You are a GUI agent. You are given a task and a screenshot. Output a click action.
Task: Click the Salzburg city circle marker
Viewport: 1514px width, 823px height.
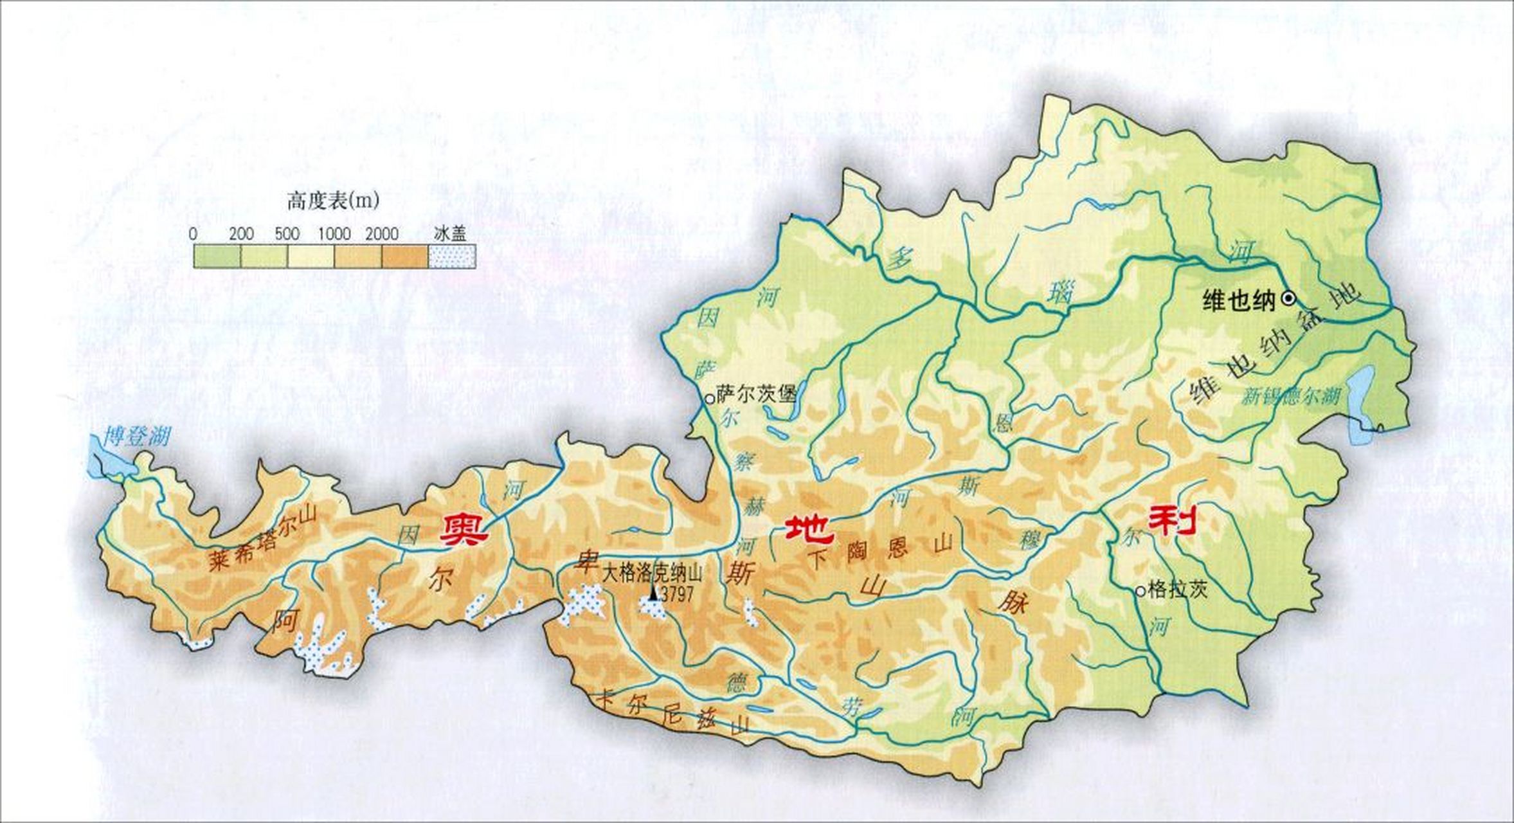[709, 399]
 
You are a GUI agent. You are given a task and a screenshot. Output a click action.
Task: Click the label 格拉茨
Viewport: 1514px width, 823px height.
[1178, 589]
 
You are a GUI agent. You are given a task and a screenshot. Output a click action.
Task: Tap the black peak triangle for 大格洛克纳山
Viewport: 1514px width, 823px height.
[654, 593]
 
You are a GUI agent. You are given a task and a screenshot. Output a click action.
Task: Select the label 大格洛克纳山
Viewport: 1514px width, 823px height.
[652, 573]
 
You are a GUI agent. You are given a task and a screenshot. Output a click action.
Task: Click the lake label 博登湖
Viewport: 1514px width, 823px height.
[138, 437]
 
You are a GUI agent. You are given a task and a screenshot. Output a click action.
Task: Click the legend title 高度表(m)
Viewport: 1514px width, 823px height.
[333, 201]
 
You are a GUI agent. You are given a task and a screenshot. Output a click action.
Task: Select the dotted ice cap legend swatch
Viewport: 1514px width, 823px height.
[452, 257]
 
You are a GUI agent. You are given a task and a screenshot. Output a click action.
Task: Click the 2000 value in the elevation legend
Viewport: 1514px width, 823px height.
[382, 234]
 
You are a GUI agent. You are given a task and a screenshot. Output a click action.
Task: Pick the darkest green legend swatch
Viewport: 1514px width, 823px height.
[217, 257]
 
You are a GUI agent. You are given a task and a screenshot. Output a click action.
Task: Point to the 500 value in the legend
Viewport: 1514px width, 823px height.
[287, 234]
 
